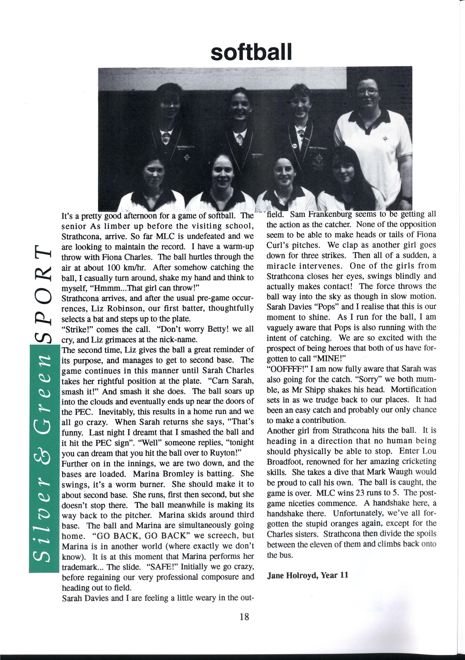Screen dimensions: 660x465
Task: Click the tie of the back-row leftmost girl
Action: coord(165,138)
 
